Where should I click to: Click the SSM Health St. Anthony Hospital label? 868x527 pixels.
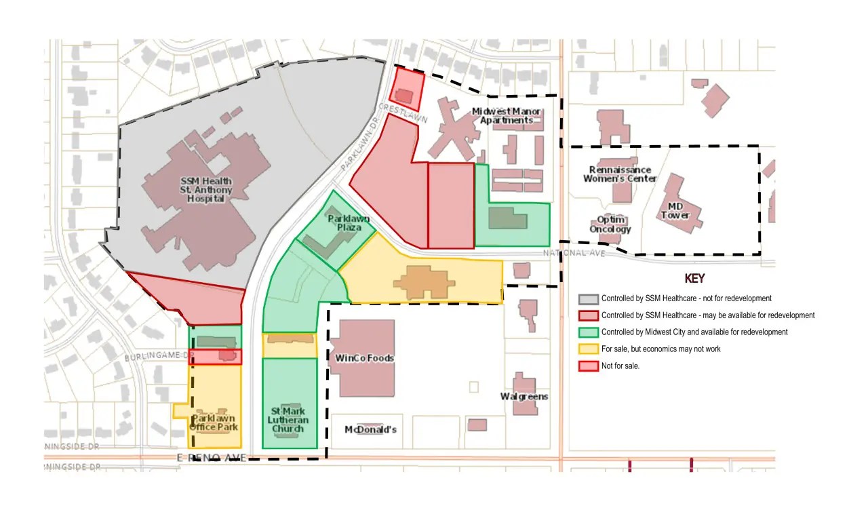point(205,190)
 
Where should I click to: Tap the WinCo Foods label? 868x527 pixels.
point(365,358)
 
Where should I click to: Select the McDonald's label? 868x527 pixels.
point(370,429)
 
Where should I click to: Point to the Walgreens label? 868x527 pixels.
point(524,396)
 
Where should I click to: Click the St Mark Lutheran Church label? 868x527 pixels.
point(289,420)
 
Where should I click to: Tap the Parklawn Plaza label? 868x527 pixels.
point(342,224)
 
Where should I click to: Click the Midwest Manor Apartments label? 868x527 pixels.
point(506,116)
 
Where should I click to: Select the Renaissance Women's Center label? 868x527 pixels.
point(620,174)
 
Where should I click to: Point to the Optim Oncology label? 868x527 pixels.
point(610,225)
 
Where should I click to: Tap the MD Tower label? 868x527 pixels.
point(675,211)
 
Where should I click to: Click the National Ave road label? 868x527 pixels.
point(564,253)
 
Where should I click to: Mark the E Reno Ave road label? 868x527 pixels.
point(211,458)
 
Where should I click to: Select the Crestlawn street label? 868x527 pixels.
point(399,112)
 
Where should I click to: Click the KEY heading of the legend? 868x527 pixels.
point(694,279)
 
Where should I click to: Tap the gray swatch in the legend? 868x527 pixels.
point(588,298)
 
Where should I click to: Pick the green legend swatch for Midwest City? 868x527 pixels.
point(588,332)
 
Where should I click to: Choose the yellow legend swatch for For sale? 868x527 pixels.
point(588,349)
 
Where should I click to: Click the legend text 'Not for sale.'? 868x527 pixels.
point(620,366)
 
